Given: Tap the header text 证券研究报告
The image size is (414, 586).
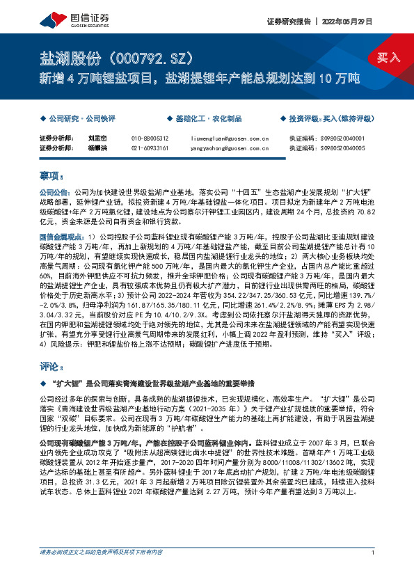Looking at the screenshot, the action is point(287,22).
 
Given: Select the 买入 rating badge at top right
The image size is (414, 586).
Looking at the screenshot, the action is point(388,57).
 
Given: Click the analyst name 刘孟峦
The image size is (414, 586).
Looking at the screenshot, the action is point(97,138).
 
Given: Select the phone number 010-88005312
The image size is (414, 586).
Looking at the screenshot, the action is point(150,138).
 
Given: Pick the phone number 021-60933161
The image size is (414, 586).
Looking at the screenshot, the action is point(150,148).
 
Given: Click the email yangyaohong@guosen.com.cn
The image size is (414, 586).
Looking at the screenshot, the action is point(230,148).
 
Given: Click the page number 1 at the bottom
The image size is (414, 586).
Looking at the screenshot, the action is point(374,572).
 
